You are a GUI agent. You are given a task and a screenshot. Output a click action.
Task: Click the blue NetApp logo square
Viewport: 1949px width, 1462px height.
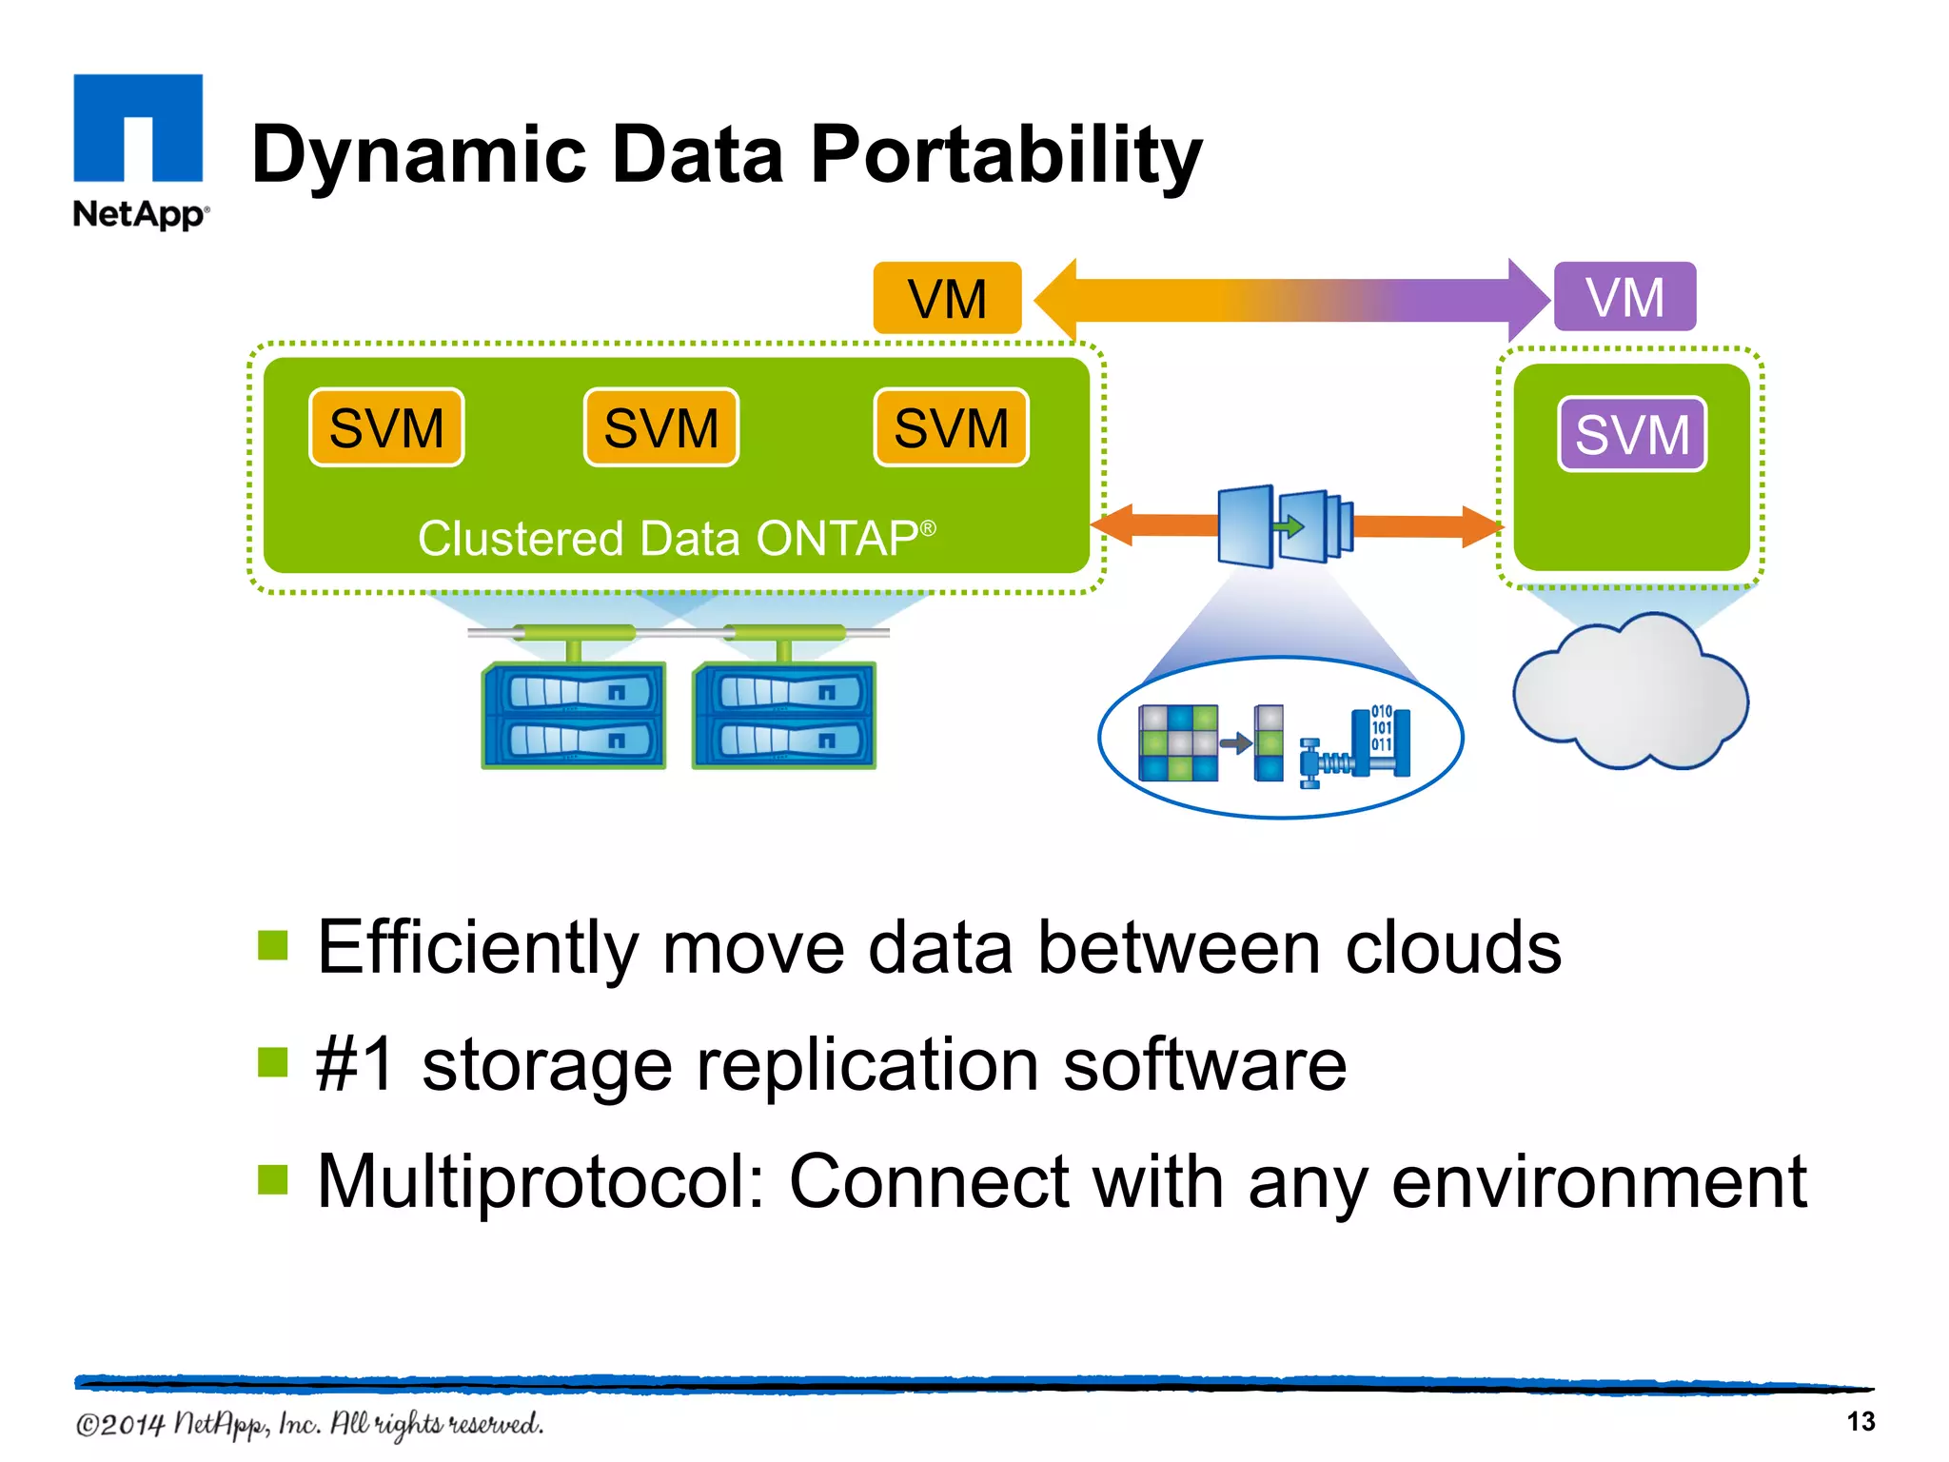[138, 127]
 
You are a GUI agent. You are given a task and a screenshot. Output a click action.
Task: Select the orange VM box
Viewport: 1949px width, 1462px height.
[947, 298]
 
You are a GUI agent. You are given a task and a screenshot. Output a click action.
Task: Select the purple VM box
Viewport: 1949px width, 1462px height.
[1624, 297]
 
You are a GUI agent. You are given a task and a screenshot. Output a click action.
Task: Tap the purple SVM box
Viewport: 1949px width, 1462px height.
[1632, 434]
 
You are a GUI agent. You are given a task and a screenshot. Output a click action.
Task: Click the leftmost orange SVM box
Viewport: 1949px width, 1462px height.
[386, 427]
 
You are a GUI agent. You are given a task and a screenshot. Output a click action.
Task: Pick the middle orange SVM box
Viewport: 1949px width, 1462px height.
[661, 427]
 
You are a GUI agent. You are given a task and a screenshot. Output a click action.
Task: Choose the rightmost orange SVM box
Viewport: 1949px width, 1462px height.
[951, 427]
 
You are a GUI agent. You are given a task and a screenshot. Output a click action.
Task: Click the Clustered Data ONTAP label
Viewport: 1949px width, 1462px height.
[677, 539]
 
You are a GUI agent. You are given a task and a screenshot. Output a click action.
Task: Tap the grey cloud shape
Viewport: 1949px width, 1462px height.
[1630, 693]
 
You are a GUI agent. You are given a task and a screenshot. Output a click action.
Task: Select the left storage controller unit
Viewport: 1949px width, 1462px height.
[574, 716]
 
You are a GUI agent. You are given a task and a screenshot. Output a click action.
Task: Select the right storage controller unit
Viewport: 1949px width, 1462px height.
[784, 716]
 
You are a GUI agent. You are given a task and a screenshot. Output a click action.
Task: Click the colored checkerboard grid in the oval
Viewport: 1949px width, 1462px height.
[1178, 742]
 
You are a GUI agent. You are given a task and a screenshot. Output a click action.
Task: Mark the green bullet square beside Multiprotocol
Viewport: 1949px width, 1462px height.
[273, 1179]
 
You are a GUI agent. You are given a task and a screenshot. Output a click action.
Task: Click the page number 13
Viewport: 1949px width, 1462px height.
[1860, 1421]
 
